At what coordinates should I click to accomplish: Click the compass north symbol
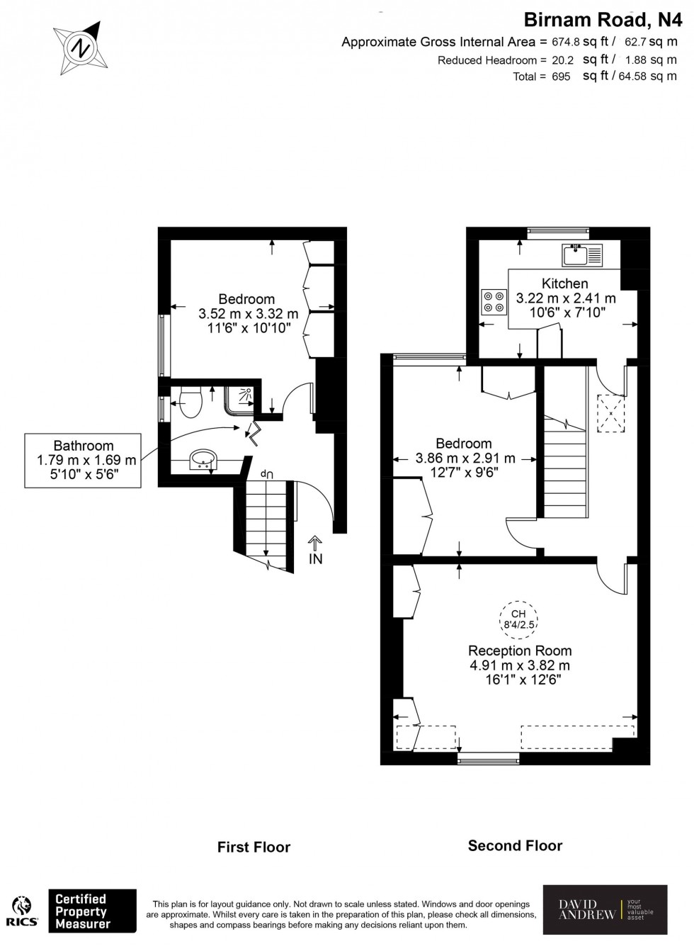tap(81, 48)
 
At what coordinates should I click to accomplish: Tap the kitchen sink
tap(582, 254)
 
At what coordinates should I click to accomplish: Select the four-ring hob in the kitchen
tap(494, 302)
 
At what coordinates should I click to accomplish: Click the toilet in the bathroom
tap(190, 403)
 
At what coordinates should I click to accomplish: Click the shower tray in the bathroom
tap(242, 398)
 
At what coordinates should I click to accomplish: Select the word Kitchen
tap(564, 283)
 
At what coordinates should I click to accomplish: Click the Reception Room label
tap(520, 651)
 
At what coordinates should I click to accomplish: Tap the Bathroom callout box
tap(84, 460)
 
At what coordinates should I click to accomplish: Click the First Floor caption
tap(254, 847)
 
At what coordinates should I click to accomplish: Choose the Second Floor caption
tap(515, 845)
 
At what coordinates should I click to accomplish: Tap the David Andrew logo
tap(605, 910)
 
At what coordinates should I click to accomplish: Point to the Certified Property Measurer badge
tap(91, 911)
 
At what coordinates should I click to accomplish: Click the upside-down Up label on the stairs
tap(266, 474)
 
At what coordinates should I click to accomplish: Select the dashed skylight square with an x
tap(610, 412)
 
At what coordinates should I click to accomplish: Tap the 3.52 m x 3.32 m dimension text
tap(248, 313)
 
